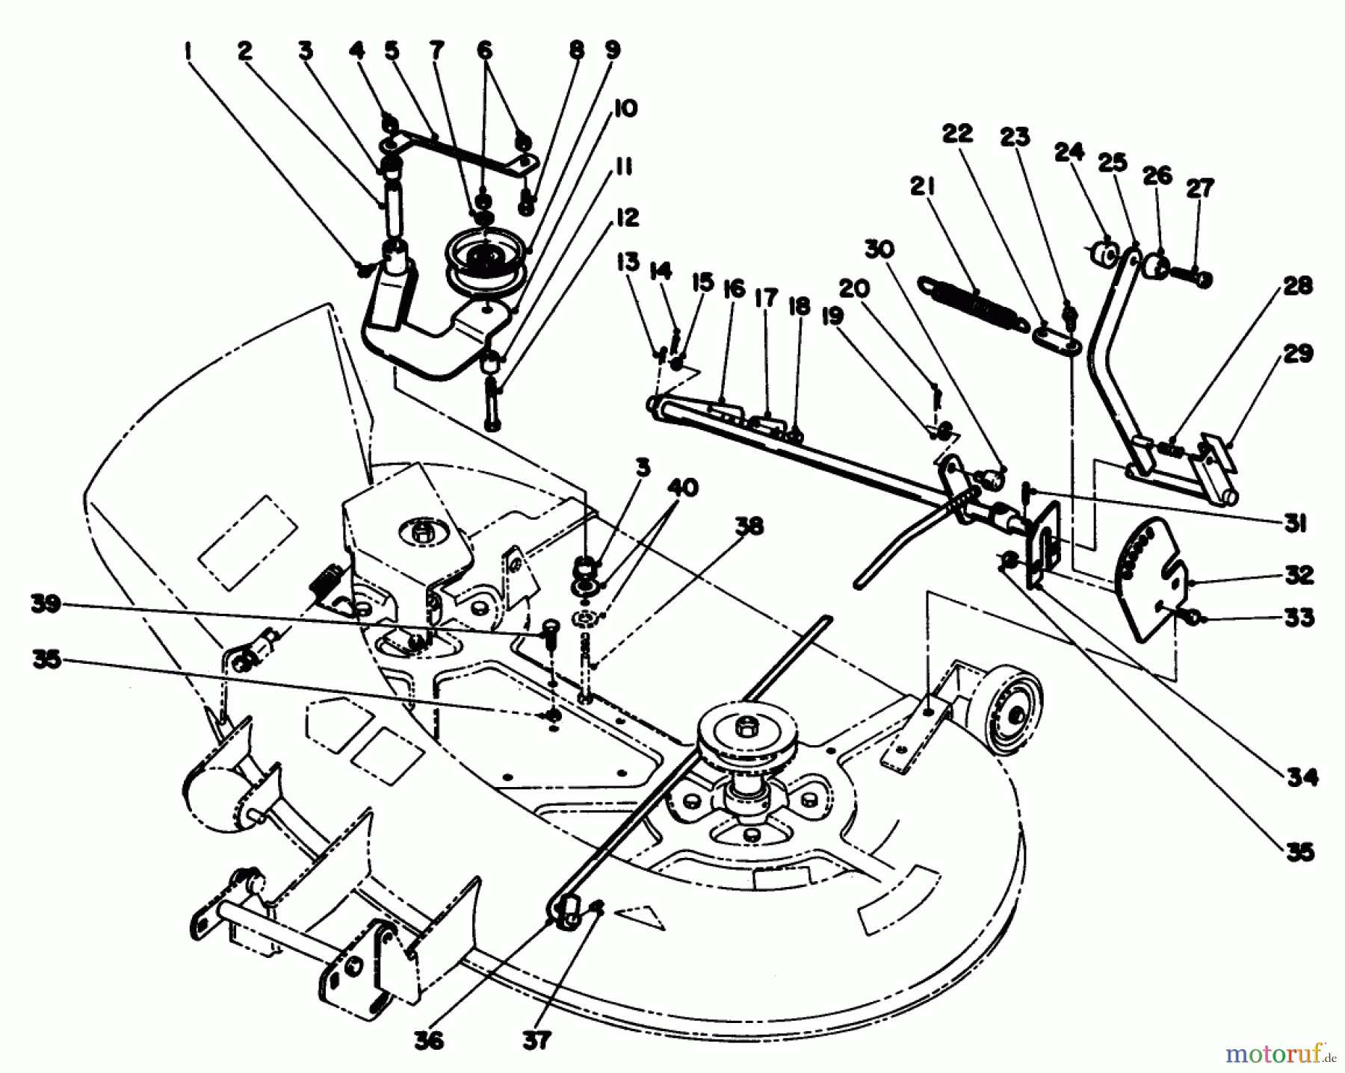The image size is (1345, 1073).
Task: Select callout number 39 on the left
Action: pos(46,605)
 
